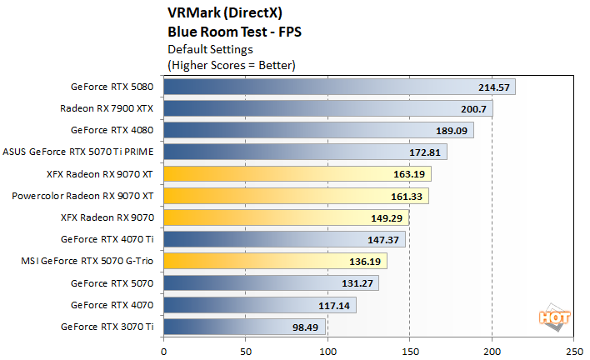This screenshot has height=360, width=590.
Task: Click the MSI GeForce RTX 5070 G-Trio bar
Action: click(275, 261)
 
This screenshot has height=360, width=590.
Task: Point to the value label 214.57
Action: click(495, 86)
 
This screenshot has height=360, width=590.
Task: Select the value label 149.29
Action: click(388, 217)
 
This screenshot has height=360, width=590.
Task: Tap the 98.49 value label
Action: click(305, 327)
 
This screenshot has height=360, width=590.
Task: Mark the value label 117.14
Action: click(335, 305)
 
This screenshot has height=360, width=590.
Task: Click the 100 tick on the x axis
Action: click(327, 351)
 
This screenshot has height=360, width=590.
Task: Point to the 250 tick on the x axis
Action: click(574, 351)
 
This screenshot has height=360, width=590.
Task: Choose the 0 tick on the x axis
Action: click(164, 351)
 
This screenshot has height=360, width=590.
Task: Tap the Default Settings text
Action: click(211, 49)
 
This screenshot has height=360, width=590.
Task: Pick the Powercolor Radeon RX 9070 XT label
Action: click(83, 196)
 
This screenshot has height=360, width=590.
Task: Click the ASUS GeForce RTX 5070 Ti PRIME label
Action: click(79, 152)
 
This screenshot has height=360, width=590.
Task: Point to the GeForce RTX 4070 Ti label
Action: click(112, 239)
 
